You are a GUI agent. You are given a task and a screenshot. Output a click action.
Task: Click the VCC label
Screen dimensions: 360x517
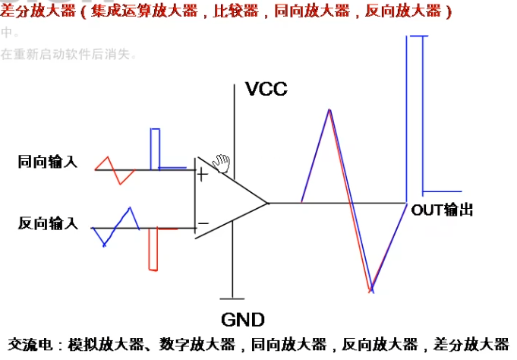click(266, 89)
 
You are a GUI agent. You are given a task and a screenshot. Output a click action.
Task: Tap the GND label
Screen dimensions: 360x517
click(243, 319)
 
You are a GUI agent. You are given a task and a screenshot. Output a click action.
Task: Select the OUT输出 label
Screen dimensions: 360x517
click(442, 210)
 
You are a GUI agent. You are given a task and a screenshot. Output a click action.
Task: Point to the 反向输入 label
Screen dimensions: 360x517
click(48, 223)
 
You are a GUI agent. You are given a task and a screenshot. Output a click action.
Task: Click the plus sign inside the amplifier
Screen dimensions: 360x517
click(202, 175)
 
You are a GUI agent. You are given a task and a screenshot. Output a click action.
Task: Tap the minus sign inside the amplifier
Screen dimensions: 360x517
click(203, 224)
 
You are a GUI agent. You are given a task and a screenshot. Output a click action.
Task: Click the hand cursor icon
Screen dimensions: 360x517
click(221, 163)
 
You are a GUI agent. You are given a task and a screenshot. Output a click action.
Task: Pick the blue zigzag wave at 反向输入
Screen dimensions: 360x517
click(117, 226)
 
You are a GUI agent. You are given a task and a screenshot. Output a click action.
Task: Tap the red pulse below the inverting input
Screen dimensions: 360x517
click(152, 248)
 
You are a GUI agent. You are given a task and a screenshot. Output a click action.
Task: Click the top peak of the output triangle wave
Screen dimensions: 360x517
click(329, 110)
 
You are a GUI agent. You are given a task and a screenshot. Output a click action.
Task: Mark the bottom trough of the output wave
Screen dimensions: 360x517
click(371, 291)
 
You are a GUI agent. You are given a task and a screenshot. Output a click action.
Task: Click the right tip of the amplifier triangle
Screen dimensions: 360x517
click(268, 203)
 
